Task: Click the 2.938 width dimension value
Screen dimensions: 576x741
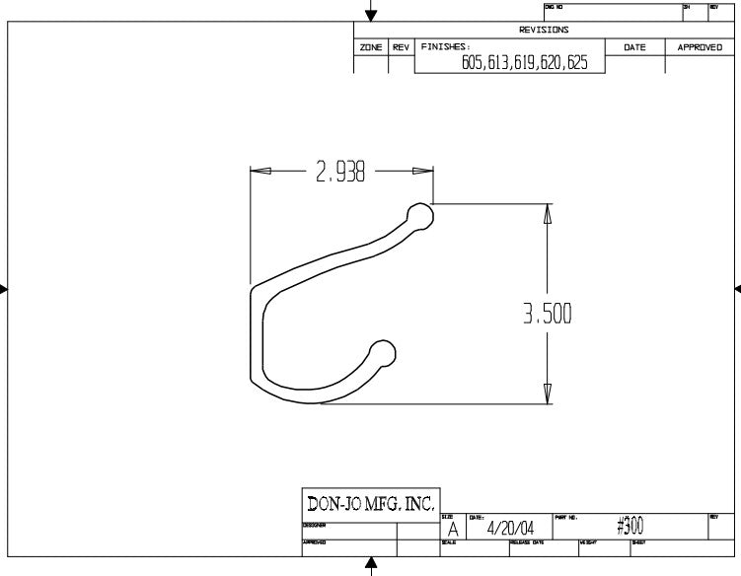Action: (340, 173)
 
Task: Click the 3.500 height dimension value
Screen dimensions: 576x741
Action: (548, 314)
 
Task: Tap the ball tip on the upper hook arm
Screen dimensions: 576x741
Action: (419, 215)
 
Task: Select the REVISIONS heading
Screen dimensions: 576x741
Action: (544, 30)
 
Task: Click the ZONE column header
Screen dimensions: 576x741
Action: (370, 47)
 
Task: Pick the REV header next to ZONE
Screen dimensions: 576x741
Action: (401, 47)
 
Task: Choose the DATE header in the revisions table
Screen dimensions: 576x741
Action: (634, 47)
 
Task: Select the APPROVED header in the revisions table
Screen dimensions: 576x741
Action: (700, 47)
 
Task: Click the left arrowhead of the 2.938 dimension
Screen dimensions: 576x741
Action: (260, 171)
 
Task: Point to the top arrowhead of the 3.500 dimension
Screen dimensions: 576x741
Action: (547, 214)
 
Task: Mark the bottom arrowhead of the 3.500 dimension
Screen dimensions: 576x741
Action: (547, 394)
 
